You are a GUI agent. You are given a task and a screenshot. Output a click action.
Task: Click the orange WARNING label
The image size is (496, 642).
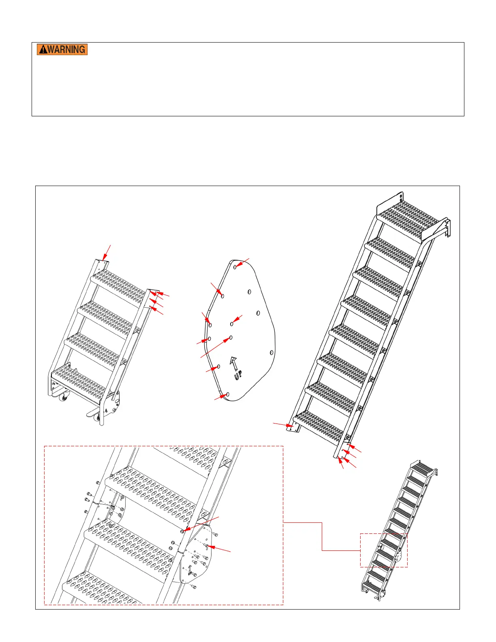62,49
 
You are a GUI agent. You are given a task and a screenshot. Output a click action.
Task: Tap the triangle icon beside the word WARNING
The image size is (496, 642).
43,49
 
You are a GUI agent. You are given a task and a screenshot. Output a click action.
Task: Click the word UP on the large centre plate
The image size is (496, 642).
238,375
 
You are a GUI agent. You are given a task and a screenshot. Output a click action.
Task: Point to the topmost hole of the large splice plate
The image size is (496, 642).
235,267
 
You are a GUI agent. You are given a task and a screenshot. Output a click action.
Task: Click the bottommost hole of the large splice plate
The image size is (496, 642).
227,394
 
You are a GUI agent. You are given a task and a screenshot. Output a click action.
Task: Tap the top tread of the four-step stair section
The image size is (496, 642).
119,287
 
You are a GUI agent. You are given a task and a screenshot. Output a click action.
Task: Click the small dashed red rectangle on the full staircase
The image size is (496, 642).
384,550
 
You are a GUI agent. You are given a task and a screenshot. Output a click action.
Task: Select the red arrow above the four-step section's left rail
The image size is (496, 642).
107,253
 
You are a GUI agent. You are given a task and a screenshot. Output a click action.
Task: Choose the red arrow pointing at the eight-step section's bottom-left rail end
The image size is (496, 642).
283,425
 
